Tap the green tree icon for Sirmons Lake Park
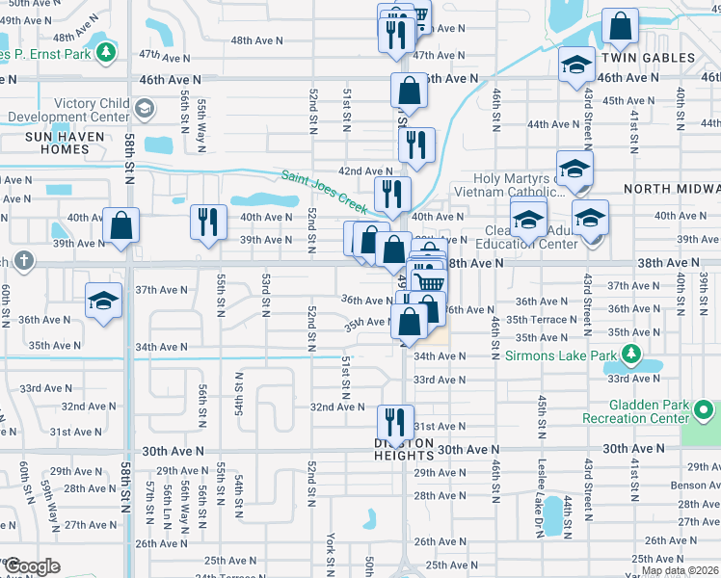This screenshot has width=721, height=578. pos(631,355)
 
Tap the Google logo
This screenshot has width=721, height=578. pos(31,566)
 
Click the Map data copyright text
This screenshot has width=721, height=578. pos(679,570)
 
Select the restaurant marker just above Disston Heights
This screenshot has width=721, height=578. pos(393,420)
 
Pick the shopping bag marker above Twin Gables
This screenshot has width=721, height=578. pos(620,26)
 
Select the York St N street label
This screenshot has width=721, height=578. pos(330,549)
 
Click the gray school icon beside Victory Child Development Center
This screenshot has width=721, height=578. pos(144,108)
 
